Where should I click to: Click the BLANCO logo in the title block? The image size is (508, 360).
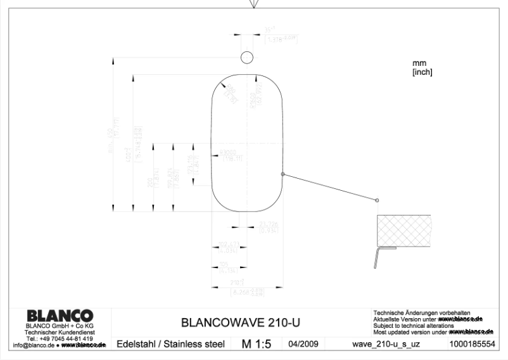(x=60, y=316)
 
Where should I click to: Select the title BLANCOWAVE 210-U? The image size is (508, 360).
(x=241, y=323)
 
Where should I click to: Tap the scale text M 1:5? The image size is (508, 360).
(x=257, y=344)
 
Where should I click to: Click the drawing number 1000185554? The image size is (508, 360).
(x=471, y=344)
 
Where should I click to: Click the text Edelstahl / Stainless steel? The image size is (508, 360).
(x=171, y=344)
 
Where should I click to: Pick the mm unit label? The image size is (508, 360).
(x=419, y=63)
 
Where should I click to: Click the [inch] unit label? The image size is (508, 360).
(x=422, y=72)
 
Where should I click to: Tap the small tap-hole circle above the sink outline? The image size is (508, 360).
(x=246, y=58)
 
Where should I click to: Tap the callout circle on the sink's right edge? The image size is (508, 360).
(x=283, y=174)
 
